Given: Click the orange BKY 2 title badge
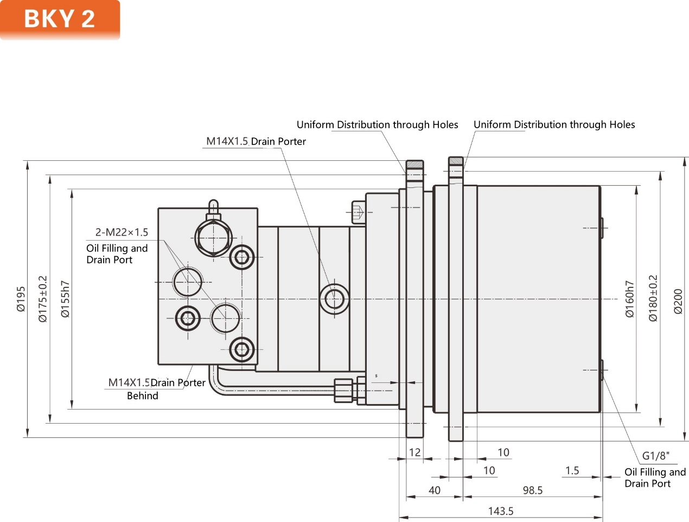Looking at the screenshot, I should tap(60, 19).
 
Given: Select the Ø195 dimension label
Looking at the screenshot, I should tap(21, 299).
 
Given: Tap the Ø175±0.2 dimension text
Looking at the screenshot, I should tap(43, 299).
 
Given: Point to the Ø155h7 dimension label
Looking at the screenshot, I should tap(65, 299).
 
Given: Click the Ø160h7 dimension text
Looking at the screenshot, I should tap(629, 299).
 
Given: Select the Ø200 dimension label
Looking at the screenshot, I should tap(678, 301).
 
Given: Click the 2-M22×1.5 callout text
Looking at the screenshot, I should tap(122, 232).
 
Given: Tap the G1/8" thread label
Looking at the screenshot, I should tap(656, 456).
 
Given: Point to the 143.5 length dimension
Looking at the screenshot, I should tap(500, 511).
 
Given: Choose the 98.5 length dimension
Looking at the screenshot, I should tap(532, 490).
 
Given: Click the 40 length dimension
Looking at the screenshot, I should tap(435, 490).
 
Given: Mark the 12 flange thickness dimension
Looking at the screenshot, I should tap(414, 452).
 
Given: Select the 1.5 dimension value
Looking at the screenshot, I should tap(572, 470).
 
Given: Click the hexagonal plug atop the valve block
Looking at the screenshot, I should tap(213, 238).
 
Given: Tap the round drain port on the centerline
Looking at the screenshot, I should tap(334, 299).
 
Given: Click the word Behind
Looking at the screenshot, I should tap(143, 396).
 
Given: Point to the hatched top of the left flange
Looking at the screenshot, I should tap(415, 165).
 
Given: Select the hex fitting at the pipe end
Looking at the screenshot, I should tap(343, 390).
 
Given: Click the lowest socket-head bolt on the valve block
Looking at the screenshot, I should tap(242, 349).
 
